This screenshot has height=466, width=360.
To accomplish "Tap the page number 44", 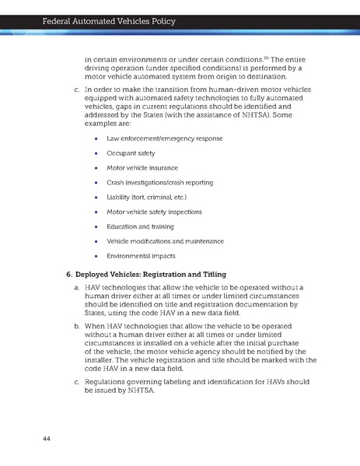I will coord(47,441).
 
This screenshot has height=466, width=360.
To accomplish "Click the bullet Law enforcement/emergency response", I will coord(164,138).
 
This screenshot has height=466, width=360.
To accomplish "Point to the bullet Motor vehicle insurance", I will coord(142,168).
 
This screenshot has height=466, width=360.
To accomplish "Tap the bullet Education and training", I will coord(142,226).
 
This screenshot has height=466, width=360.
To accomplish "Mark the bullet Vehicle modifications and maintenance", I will coord(165,241).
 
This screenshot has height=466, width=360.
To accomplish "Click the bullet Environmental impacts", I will coord(141,255).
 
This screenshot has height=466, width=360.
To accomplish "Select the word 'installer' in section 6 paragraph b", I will coord(103,360).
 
